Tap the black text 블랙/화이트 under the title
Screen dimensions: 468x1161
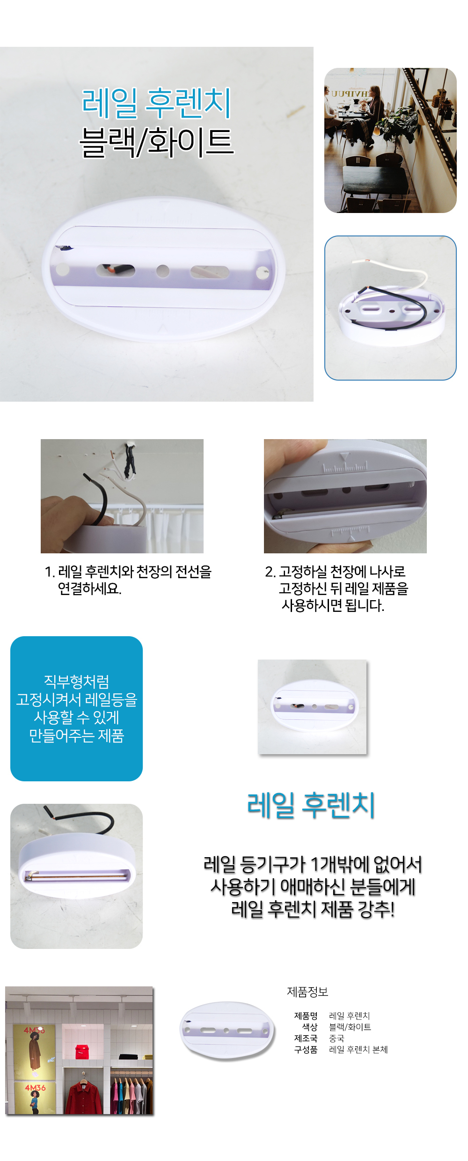tap(156, 142)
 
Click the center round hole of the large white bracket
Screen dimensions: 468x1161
tap(163, 271)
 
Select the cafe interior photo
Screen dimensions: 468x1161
tap(390, 140)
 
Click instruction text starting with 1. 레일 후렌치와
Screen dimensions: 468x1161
tap(128, 580)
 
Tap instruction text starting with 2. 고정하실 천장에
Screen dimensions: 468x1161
tap(336, 588)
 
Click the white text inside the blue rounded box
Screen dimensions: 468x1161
tap(77, 708)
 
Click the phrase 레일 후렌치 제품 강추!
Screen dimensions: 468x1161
tap(313, 909)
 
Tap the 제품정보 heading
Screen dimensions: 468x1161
tap(307, 992)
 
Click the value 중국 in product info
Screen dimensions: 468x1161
tap(336, 1038)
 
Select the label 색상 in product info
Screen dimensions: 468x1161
tap(310, 1027)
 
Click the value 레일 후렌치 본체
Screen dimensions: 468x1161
tap(358, 1050)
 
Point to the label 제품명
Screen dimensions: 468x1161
tap(306, 1016)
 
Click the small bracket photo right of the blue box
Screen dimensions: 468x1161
tap(312, 707)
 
